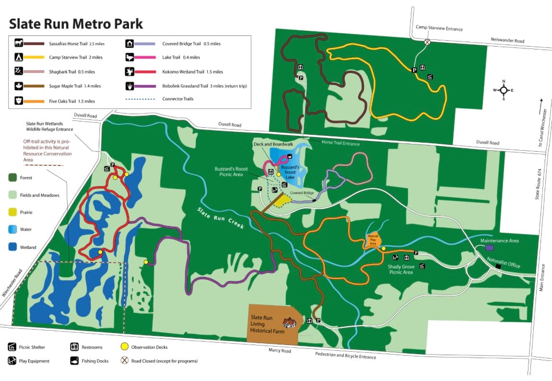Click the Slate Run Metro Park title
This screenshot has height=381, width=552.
[76, 24]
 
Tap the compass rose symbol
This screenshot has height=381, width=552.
[504, 90]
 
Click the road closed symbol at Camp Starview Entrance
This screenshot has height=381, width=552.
[427, 42]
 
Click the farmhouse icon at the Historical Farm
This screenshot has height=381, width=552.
[289, 323]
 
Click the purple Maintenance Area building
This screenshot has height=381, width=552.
[489, 248]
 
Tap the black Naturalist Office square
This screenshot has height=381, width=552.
[498, 266]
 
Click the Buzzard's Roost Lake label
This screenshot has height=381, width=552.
[290, 172]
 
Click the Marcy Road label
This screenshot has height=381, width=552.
[280, 351]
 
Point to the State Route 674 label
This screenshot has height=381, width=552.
[539, 182]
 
